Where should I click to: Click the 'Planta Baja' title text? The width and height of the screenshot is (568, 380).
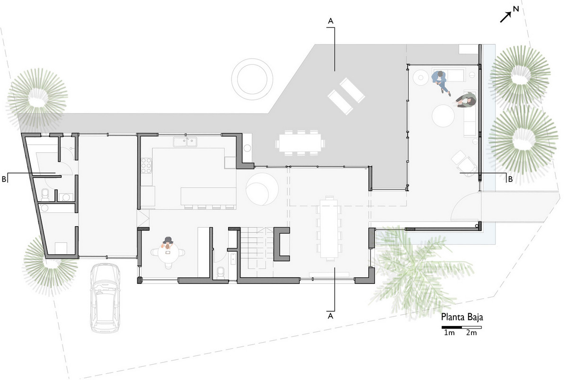(462, 318)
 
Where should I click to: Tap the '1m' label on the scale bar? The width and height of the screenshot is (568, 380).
(449, 333)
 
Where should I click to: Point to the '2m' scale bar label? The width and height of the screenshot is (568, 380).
(471, 333)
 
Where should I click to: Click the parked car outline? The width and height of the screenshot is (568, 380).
(105, 298)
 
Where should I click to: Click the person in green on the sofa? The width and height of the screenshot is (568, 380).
(467, 100)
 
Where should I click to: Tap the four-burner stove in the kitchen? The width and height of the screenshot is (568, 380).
(146, 166)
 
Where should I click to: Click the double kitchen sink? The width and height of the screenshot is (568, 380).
(186, 142)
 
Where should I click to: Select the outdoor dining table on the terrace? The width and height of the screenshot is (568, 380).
(300, 143)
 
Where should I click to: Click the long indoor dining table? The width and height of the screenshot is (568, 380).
(329, 229)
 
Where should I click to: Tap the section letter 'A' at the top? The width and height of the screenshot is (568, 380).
(330, 21)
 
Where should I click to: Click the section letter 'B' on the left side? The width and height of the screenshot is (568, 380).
(4, 179)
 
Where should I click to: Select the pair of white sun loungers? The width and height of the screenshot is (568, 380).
(346, 96)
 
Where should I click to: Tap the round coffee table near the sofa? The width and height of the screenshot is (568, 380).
(443, 116)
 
